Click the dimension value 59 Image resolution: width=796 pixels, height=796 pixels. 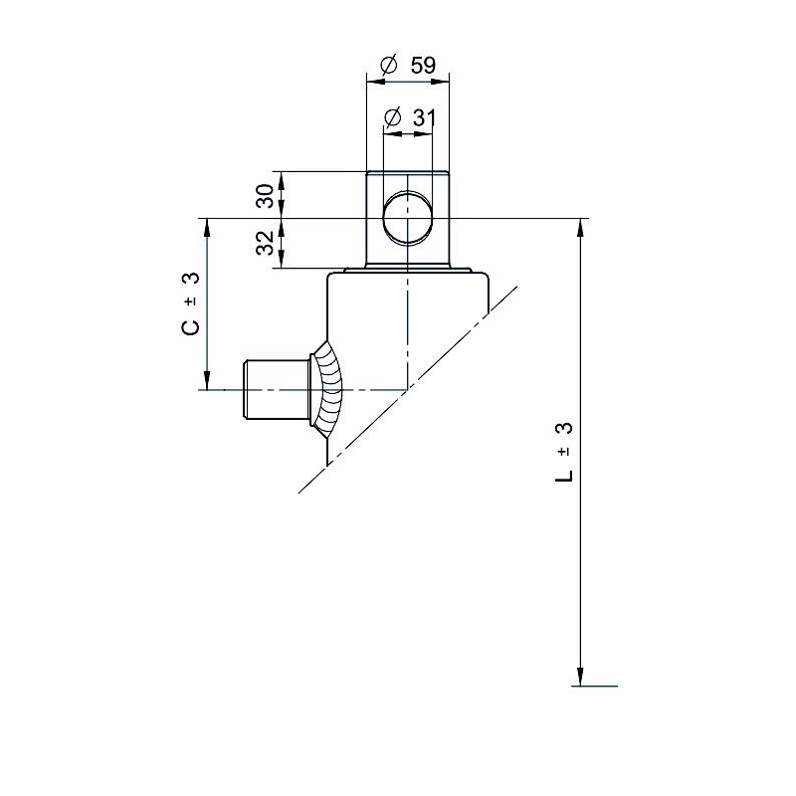click(424, 65)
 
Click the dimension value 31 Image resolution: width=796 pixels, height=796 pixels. click(425, 117)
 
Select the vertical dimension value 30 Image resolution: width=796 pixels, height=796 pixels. click(265, 195)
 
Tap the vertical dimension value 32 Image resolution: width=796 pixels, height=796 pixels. click(265, 243)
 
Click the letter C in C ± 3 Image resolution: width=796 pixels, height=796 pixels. click(191, 327)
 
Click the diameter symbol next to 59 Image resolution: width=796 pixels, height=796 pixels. click(388, 65)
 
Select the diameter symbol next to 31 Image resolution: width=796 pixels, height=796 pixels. click(393, 117)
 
